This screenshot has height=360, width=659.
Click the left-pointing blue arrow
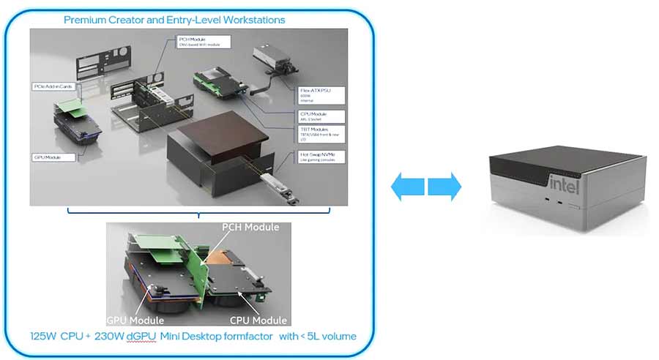pos(406,186)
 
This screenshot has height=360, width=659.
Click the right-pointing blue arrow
pos(444,186)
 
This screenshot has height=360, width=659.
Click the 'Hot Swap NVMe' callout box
pos(321,157)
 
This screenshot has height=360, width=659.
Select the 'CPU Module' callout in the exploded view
pos(321,115)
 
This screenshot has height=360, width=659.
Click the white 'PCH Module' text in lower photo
pos(250,227)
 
